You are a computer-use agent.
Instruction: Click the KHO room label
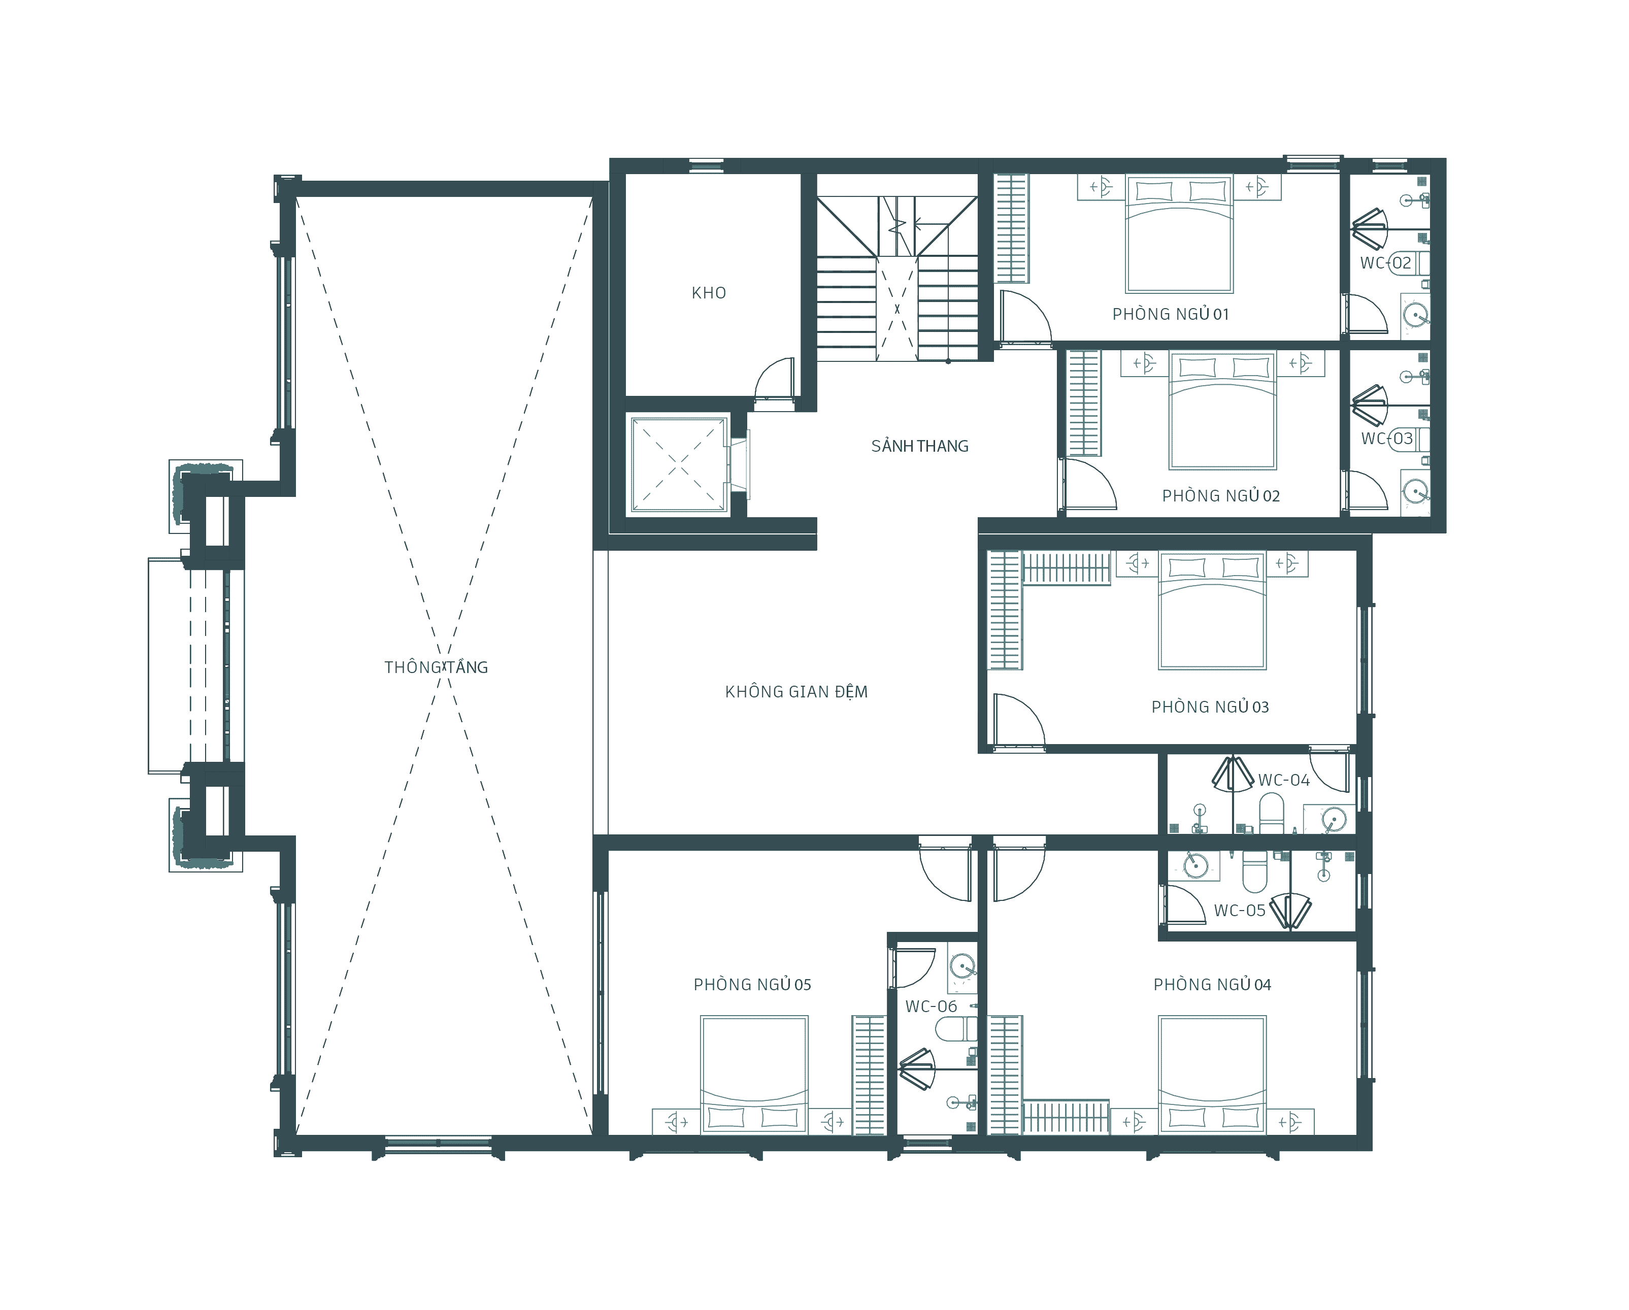click(709, 293)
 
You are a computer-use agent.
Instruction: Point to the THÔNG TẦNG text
click(436, 667)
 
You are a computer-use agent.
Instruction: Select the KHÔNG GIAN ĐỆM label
click(796, 691)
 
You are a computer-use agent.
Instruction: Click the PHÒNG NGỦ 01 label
click(1171, 314)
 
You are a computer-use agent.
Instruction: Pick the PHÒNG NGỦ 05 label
click(752, 984)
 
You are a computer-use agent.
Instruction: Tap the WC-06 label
click(931, 1006)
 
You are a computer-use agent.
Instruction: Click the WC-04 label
click(1284, 781)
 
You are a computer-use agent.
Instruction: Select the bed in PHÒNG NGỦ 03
click(1212, 611)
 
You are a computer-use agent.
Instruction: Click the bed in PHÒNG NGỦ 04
click(1212, 1074)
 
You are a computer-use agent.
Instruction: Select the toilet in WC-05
click(1255, 870)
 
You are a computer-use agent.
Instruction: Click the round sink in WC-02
click(1414, 314)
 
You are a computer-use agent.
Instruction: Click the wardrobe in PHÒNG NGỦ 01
click(1011, 228)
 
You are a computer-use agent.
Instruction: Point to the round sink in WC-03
click(1414, 491)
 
